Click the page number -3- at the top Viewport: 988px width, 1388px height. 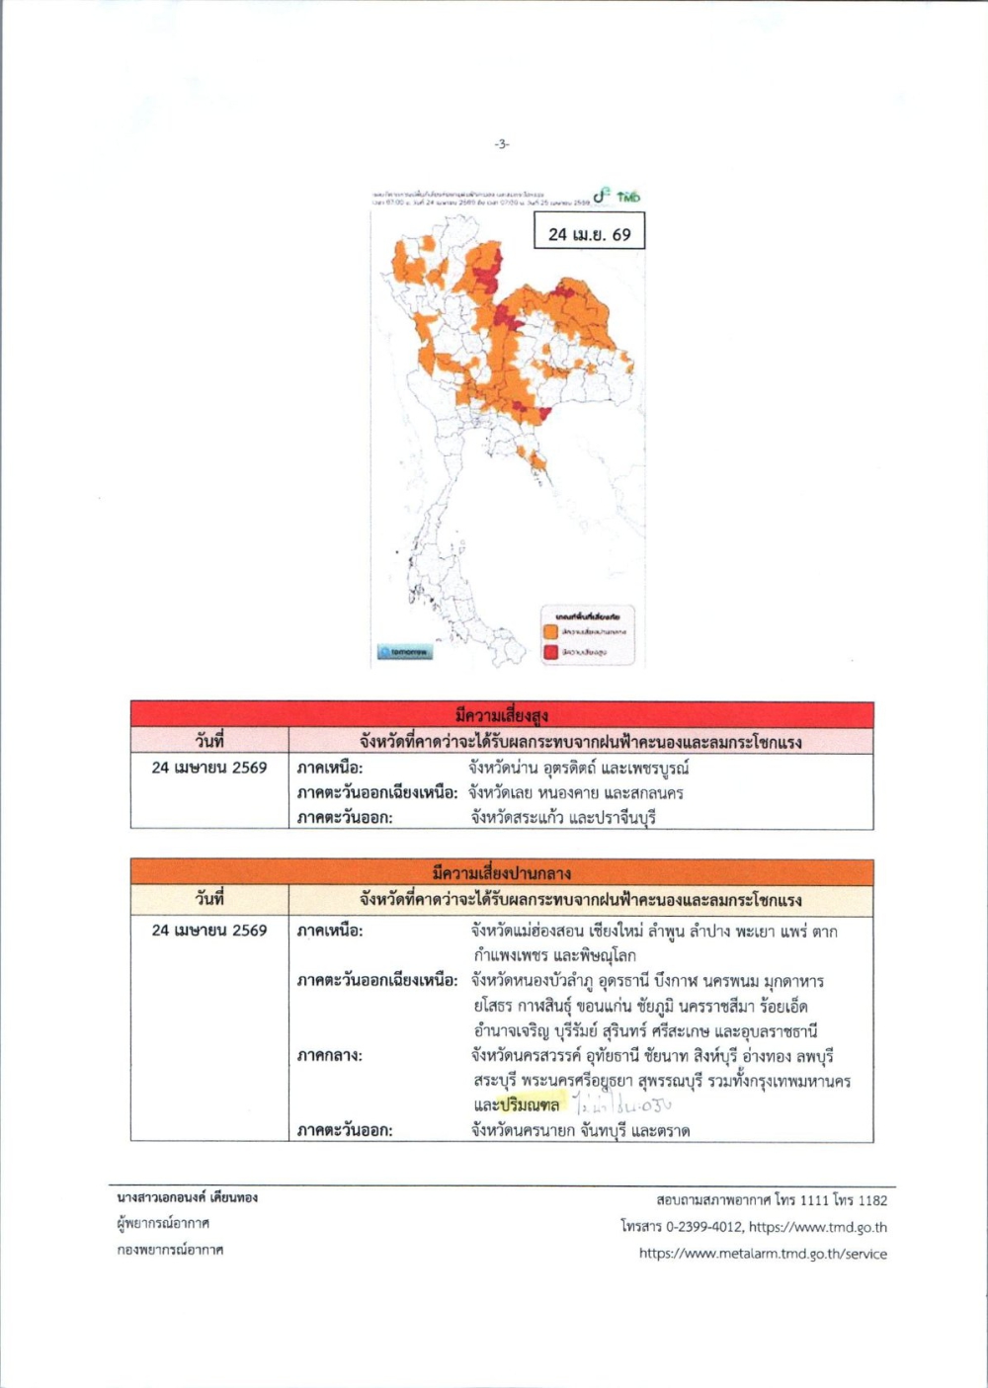coord(502,144)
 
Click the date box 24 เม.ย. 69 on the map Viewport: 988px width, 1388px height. coord(589,234)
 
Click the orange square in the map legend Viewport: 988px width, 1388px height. coord(550,630)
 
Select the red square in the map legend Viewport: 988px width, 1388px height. coord(550,652)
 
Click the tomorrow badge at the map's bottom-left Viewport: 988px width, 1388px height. coord(405,652)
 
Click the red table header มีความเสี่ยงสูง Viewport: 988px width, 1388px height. coord(502,714)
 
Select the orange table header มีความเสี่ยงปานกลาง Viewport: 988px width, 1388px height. coord(502,872)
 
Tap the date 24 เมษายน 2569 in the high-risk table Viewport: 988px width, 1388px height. coord(209,768)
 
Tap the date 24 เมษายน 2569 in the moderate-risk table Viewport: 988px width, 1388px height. coord(209,930)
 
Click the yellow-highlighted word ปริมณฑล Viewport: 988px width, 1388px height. coord(530,1104)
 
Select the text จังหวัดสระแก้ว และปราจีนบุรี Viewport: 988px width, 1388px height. coord(563,817)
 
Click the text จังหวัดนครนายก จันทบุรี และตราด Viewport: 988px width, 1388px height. coord(580,1130)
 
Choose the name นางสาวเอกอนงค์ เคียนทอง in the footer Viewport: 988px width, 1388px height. coord(188,1197)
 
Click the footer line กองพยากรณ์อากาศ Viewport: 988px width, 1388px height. coord(170,1250)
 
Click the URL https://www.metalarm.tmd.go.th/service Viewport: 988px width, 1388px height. coord(763,1254)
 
